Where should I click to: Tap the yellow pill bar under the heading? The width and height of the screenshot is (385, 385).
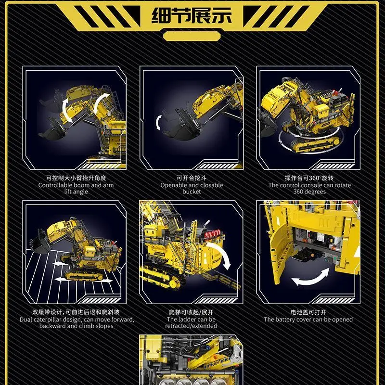192,37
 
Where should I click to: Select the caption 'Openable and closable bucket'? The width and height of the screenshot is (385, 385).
192,188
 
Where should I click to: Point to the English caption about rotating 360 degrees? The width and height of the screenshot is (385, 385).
309,188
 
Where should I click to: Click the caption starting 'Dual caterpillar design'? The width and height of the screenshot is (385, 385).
77,322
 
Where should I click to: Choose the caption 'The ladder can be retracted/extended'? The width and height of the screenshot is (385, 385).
191,322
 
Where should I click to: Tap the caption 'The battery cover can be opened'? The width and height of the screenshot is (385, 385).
308,320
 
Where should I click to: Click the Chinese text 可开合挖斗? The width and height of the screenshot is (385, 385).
192,178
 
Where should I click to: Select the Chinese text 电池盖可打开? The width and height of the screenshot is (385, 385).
308,312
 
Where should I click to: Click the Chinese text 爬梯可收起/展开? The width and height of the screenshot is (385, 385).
191,312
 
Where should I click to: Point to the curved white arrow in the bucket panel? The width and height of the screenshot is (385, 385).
157,122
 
